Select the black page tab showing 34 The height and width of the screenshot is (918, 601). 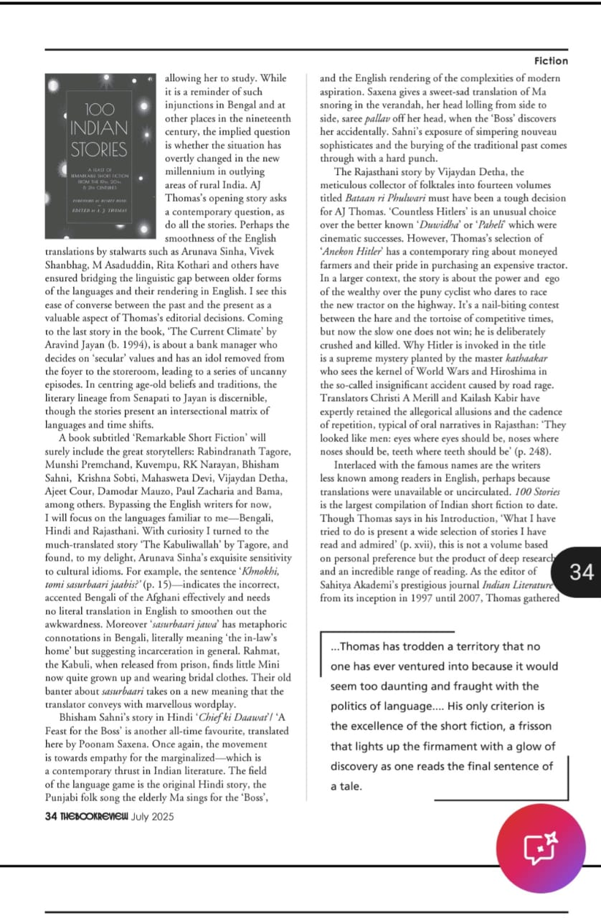pos(581,571)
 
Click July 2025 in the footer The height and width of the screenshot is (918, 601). pos(153,816)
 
